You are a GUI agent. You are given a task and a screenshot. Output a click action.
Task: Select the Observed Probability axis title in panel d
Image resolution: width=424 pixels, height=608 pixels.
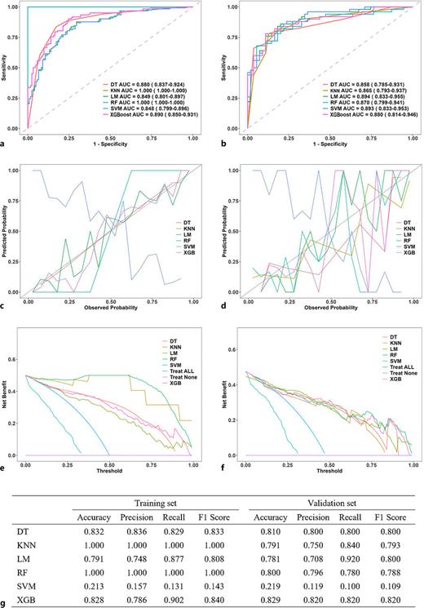click(326, 307)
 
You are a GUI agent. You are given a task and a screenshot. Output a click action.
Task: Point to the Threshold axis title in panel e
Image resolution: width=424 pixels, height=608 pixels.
click(108, 470)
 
